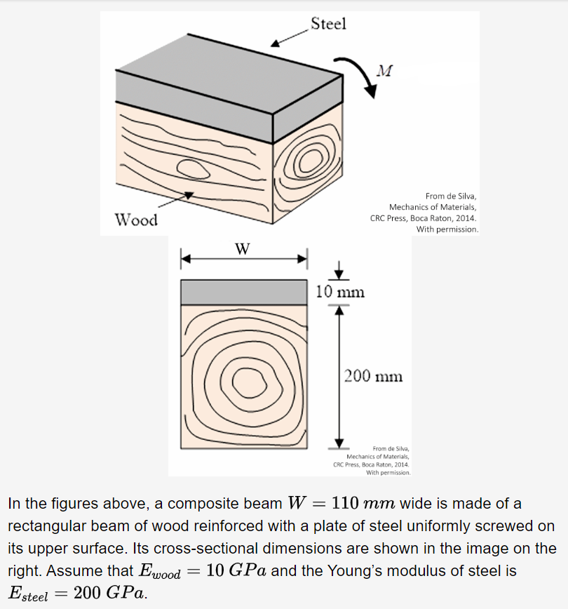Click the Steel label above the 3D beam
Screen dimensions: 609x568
coord(328,24)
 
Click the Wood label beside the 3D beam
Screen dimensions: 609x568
coord(137,220)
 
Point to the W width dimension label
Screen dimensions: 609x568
coord(243,248)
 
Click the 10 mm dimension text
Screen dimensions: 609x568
coord(340,292)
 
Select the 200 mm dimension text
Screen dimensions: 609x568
coord(374,376)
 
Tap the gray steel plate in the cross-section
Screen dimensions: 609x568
coord(245,292)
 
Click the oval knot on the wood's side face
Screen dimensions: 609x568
coord(191,168)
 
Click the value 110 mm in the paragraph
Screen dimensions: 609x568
coord(364,504)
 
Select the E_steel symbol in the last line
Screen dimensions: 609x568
coord(28,594)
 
